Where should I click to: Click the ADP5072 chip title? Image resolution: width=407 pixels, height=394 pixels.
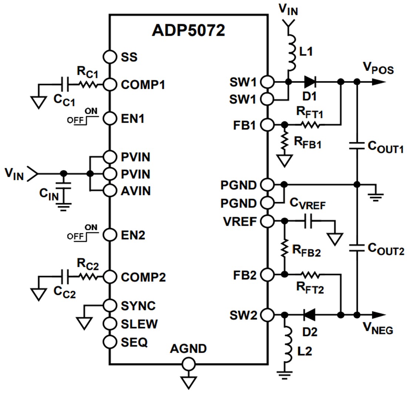(x=188, y=31)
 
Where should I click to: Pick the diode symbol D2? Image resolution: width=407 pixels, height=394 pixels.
(x=309, y=315)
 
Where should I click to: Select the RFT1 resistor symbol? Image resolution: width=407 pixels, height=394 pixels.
(x=310, y=125)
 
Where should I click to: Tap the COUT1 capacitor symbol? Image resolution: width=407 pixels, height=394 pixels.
(x=357, y=146)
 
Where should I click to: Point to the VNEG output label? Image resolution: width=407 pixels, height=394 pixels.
(x=378, y=327)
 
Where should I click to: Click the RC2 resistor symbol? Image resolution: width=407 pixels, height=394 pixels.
(x=88, y=276)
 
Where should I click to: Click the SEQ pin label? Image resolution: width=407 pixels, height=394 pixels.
(x=134, y=342)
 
